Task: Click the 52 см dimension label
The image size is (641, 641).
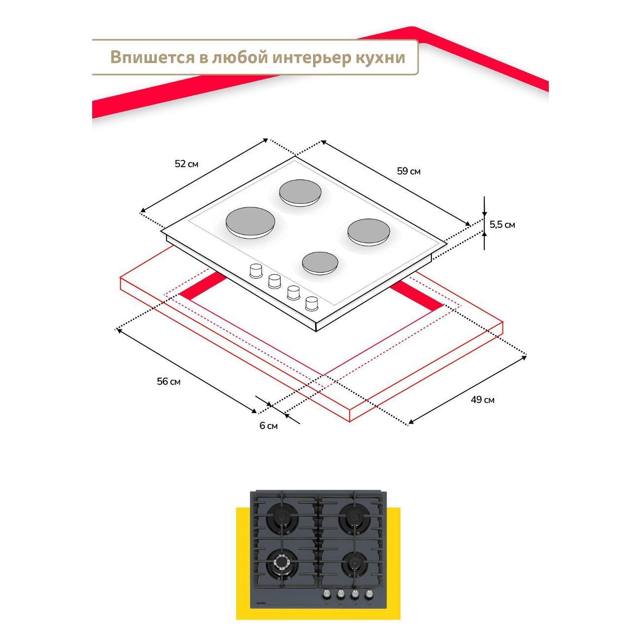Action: [x=186, y=164]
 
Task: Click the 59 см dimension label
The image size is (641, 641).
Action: [x=409, y=171]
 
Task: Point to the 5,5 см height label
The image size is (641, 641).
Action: [x=502, y=224]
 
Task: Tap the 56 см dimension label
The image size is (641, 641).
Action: [x=169, y=381]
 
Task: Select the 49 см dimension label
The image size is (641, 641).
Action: [x=482, y=399]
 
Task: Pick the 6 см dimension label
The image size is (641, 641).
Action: [x=269, y=426]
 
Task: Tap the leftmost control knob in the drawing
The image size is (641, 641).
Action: [x=255, y=271]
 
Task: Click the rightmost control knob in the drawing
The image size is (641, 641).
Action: [x=312, y=303]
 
